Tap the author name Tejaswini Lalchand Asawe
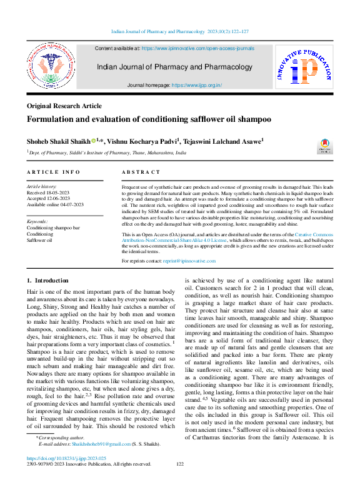point(227,142)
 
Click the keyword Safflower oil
point(39,239)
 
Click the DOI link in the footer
point(64,476)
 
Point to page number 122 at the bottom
point(180,481)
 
